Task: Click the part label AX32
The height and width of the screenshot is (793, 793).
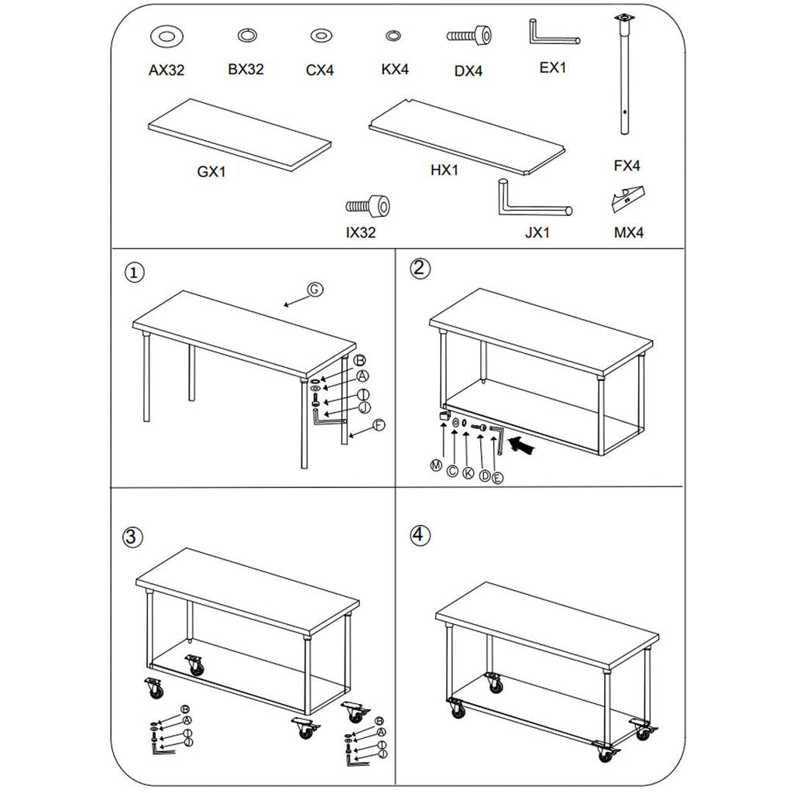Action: click(x=166, y=70)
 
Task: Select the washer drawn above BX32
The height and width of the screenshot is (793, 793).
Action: click(x=246, y=35)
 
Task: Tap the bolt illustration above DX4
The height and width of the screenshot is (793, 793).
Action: click(x=469, y=36)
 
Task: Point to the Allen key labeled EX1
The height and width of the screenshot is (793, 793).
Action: click(x=552, y=35)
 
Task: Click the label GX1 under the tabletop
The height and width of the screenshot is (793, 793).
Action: click(x=211, y=172)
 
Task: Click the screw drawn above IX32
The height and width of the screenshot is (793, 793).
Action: click(x=368, y=206)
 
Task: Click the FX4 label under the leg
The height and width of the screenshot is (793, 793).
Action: click(x=627, y=166)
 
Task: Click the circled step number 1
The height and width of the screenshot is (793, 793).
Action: click(x=135, y=273)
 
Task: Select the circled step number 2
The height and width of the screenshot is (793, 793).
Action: click(x=419, y=268)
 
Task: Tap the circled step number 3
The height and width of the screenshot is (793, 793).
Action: click(x=132, y=536)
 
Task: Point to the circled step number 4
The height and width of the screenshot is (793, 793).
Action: click(x=419, y=534)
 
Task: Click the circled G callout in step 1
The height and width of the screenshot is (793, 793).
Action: click(x=314, y=289)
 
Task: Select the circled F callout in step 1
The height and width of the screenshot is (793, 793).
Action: click(x=379, y=424)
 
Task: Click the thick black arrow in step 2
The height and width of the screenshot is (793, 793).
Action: click(x=526, y=445)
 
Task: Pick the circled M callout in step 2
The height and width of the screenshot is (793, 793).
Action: click(x=437, y=465)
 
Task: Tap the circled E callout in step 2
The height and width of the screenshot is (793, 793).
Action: click(x=497, y=477)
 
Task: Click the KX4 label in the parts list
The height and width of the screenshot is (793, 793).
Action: click(x=395, y=70)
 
